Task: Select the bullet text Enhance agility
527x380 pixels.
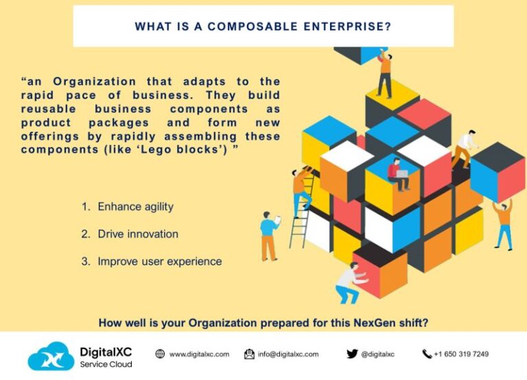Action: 135,206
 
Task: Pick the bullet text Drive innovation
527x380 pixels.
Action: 138,234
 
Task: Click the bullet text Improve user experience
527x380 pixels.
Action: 160,261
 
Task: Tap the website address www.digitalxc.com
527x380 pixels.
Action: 199,354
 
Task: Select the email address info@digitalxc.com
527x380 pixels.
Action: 288,354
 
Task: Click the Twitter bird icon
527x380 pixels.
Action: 352,354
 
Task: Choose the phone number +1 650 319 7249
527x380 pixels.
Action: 461,354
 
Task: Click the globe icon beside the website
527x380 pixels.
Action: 160,354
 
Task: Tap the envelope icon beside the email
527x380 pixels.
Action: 250,354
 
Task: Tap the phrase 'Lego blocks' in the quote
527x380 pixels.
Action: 192,149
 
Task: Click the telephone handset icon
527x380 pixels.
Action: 427,354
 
